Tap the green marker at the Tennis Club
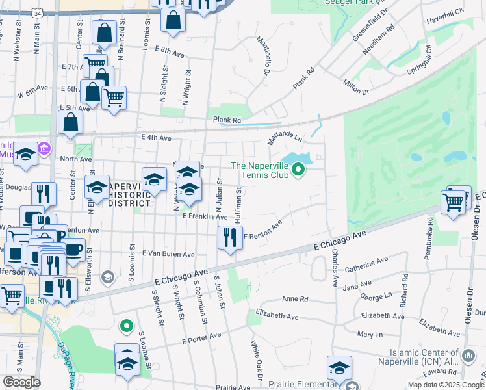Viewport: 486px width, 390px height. tap(298, 170)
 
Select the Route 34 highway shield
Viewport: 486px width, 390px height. tap(38, 13)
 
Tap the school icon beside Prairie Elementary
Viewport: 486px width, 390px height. tap(339, 369)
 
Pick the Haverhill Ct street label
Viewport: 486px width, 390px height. tap(446, 16)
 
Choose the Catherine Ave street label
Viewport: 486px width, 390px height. tap(366, 266)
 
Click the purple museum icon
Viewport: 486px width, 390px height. tap(44, 149)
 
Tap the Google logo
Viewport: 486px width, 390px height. tap(21, 382)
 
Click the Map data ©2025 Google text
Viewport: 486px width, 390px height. tap(445, 385)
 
